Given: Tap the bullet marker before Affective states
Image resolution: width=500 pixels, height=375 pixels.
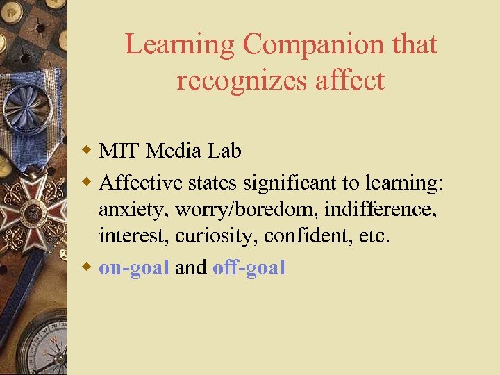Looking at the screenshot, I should click(x=87, y=182).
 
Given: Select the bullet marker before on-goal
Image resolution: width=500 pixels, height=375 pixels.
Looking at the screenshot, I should click(x=87, y=267).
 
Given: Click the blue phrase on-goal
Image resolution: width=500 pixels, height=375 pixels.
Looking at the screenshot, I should click(x=134, y=268).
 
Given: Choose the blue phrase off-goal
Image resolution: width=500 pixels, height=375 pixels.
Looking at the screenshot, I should click(x=249, y=267).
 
